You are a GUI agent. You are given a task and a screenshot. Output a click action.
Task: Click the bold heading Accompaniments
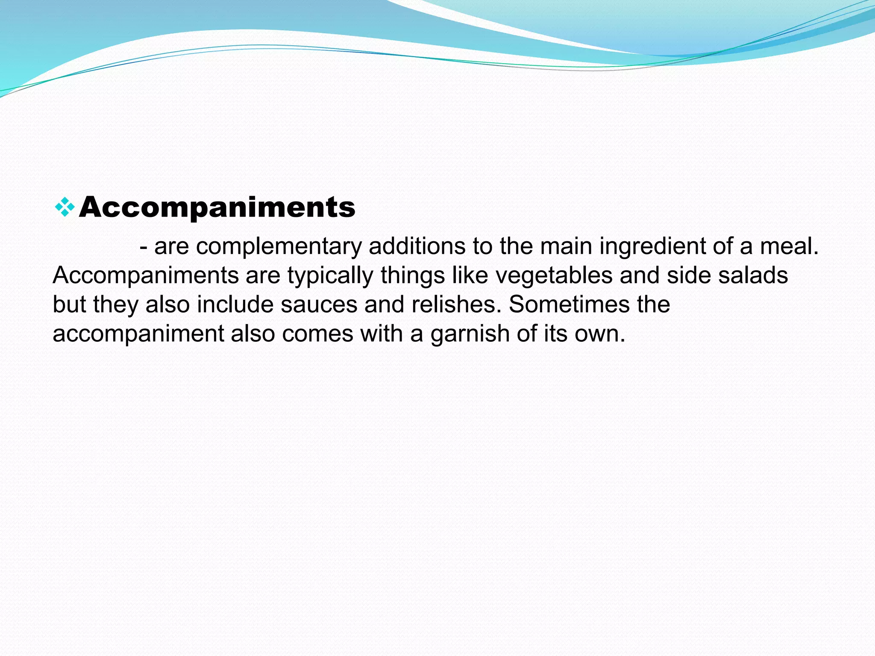(217, 208)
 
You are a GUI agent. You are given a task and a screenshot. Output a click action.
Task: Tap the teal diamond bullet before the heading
(65, 207)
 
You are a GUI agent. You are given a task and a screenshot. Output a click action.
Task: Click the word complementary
(279, 246)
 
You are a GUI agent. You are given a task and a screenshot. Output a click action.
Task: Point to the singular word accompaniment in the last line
(138, 334)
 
